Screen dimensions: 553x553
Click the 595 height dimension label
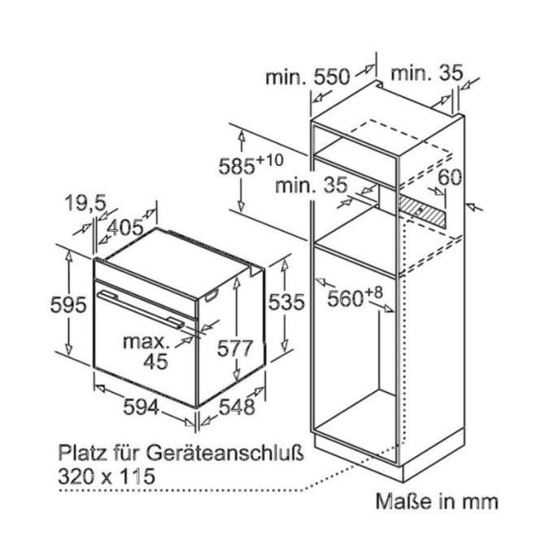point(68,305)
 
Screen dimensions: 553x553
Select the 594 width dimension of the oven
point(141,407)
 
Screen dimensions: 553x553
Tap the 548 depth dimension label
point(237,407)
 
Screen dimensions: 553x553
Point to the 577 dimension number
point(235,348)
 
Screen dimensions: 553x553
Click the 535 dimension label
point(286,302)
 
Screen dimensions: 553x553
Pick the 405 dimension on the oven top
point(125,228)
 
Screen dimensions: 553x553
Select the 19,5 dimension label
point(85,203)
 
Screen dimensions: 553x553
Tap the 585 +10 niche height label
point(250,165)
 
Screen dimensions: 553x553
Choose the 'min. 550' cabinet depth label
point(307,76)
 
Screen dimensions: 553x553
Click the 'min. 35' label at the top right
point(426,73)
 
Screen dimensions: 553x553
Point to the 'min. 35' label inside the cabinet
point(311,185)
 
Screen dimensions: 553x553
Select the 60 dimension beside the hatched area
point(450,177)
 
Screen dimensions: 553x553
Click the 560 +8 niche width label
point(355,298)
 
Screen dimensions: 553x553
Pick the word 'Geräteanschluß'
point(225,453)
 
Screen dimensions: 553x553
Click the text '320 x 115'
point(107,476)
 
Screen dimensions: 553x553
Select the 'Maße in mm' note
point(437,501)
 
